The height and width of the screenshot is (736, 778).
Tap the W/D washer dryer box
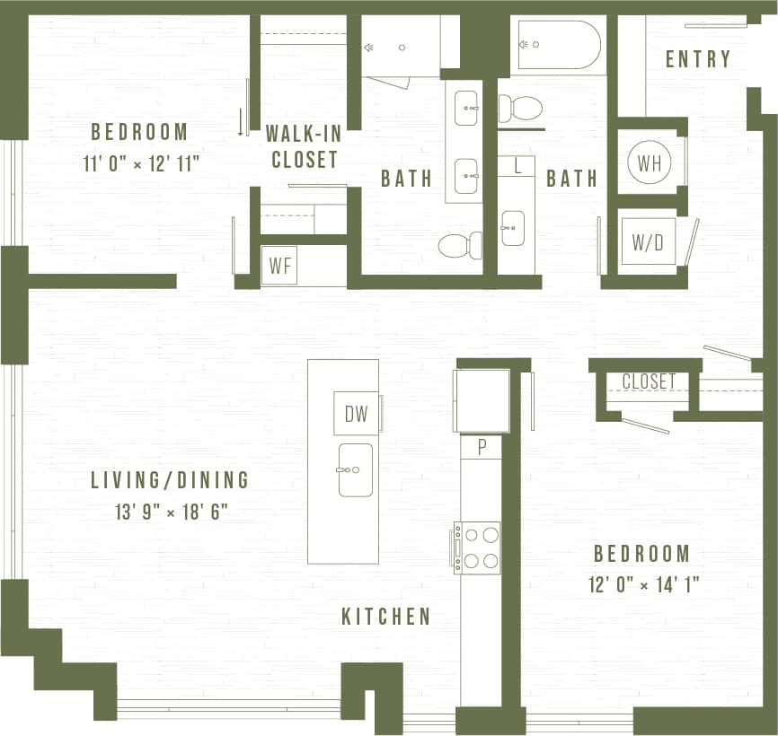[648, 242]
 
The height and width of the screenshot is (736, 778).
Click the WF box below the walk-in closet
[278, 266]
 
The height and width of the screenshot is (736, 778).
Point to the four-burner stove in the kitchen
[477, 548]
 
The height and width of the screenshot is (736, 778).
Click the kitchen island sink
[356, 469]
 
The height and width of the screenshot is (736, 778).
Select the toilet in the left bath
[460, 244]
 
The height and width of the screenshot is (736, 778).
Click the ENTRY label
[698, 59]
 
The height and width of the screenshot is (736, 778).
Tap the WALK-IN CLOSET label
[302, 147]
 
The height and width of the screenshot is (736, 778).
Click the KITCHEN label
[386, 617]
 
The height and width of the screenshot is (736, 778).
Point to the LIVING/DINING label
[170, 479]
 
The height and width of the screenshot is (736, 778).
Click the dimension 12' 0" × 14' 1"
[644, 585]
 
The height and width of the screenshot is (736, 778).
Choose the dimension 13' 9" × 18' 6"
[172, 513]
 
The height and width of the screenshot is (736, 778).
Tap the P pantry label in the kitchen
[482, 447]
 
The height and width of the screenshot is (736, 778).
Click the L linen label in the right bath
[517, 165]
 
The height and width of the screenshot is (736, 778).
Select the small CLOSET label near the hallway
[649, 381]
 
